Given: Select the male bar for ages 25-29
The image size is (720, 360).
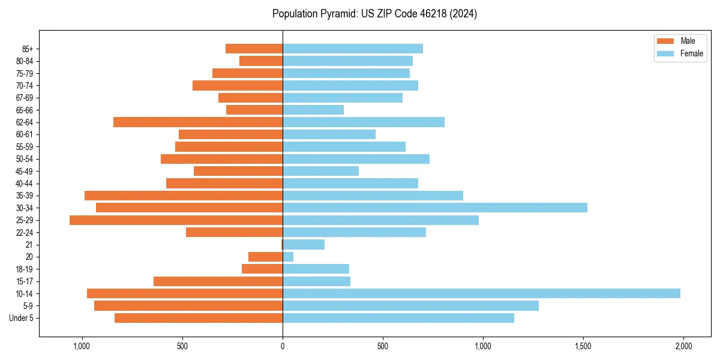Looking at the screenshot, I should coord(176,220).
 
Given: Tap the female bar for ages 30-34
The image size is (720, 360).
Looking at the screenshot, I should coord(435,208).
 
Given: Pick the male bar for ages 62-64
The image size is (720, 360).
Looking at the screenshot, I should coord(198,122).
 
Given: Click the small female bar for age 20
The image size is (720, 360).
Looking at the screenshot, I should coord(288,257).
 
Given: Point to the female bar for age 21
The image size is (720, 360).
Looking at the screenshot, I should coord(304,245).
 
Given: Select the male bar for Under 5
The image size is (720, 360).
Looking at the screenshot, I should coord(199,318).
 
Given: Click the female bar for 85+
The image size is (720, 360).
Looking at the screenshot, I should coord(353,49).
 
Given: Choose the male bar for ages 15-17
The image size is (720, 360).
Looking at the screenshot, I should coord(218,281).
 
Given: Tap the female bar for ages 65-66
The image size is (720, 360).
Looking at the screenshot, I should coord(313,110).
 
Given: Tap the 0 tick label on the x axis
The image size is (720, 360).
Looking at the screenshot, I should coord(283,346).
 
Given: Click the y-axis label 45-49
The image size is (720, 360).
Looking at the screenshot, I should coord(25,171).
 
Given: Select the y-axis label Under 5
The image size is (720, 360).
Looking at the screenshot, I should coord(22,318).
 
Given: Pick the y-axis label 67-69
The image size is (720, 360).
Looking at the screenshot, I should coord(25,98).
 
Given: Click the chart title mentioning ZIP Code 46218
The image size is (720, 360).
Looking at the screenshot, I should coord(374,14).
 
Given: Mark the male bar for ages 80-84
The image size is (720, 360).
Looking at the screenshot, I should coord(261,61).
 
